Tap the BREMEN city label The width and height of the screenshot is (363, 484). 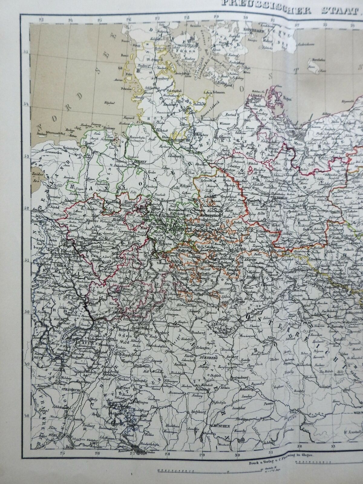point(139,162)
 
